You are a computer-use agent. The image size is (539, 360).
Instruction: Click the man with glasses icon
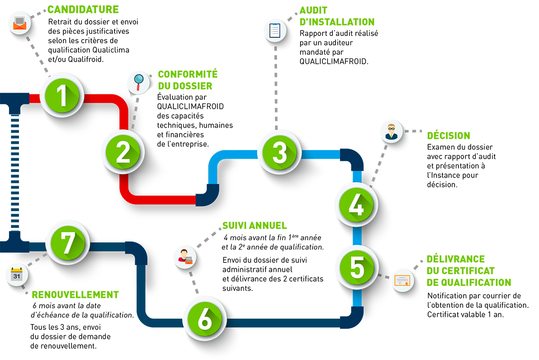pyautogui.click(x=390, y=131)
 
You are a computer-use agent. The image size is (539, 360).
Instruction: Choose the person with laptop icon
pyautogui.click(x=185, y=257)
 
